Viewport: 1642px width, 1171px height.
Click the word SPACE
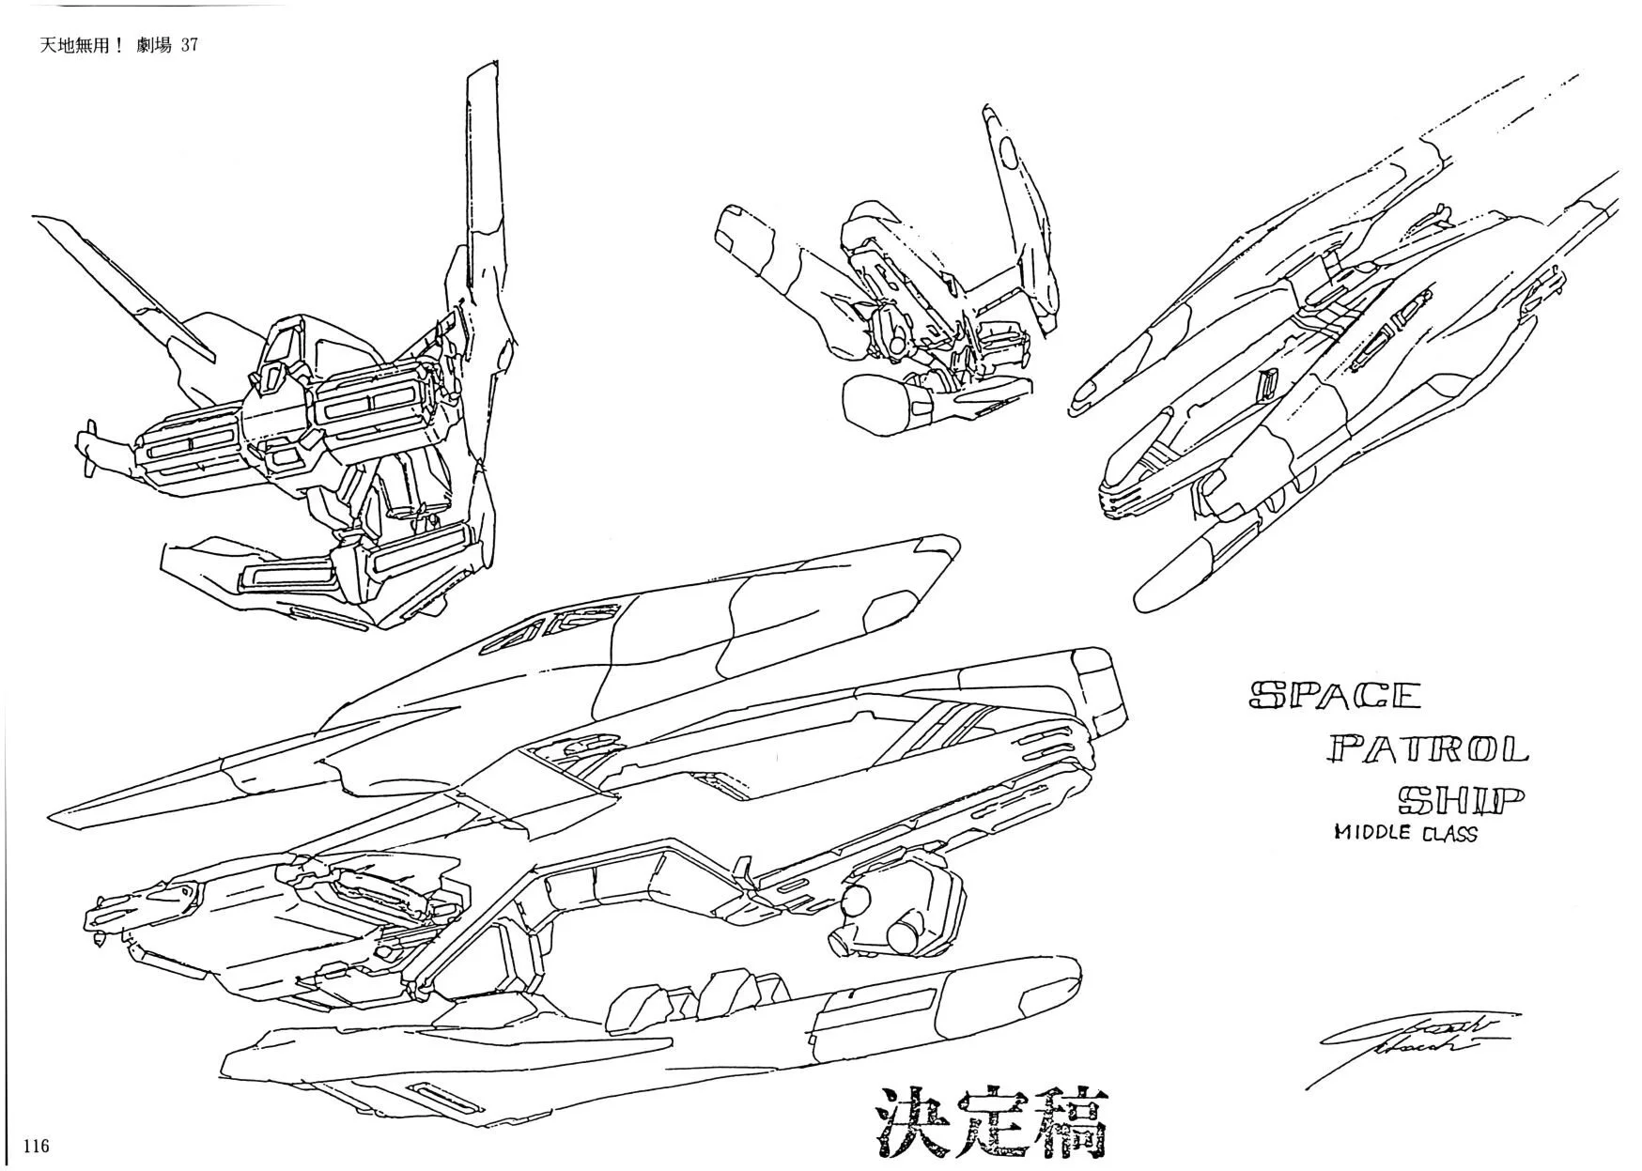pos(1334,695)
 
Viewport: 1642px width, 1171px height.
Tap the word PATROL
pos(1428,748)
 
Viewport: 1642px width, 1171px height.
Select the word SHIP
pos(1459,799)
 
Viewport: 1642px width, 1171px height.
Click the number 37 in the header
pos(188,45)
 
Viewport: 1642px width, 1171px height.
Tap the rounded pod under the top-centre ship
pos(876,402)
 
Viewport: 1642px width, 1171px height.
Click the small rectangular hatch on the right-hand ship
pos(1268,382)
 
